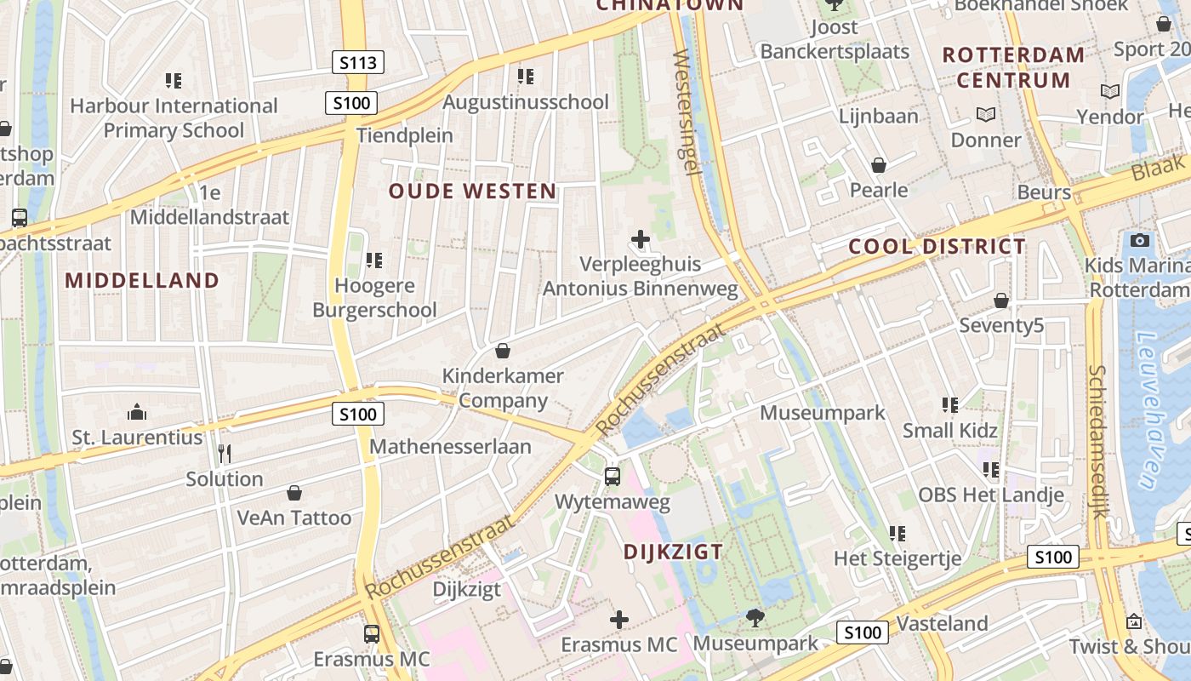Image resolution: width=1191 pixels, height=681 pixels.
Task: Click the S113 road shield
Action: (357, 61)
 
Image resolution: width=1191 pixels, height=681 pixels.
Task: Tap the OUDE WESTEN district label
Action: (473, 192)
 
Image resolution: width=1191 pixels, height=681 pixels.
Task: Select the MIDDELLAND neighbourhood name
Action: (142, 280)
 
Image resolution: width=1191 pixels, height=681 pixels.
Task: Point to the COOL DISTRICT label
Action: (937, 247)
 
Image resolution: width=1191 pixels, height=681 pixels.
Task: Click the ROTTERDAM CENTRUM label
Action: (1013, 68)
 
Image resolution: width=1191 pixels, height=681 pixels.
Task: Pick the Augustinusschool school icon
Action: (526, 77)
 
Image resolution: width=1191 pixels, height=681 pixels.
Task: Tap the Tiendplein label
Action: (405, 135)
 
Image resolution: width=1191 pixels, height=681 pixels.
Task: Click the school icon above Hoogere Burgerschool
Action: (374, 260)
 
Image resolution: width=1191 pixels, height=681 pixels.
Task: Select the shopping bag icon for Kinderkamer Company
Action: (503, 351)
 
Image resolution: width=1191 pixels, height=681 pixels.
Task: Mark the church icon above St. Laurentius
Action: (137, 413)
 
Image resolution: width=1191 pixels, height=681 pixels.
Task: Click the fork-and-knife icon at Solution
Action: (225, 454)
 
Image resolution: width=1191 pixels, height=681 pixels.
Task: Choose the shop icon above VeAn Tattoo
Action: (294, 493)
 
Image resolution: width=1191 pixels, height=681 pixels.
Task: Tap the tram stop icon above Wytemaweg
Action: (613, 477)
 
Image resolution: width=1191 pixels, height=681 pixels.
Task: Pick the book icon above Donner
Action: (986, 114)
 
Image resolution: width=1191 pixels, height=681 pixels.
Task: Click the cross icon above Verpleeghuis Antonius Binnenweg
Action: (641, 240)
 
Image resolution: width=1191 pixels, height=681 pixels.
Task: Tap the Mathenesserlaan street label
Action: (450, 446)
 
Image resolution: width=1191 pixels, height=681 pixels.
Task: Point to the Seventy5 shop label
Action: (1001, 325)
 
